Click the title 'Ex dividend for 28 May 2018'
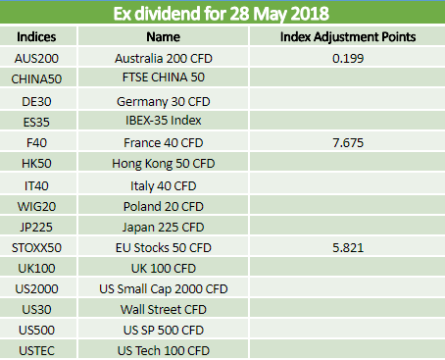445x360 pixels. pos(222,14)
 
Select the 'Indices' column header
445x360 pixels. pos(36,36)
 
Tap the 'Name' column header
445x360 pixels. pos(163,36)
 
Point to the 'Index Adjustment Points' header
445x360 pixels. pos(348,36)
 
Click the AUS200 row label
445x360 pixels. pos(36,59)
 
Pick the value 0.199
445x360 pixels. pos(348,59)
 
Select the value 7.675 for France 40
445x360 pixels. pos(348,143)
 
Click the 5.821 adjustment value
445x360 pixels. pos(348,248)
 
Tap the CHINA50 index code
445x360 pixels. pos(36,79)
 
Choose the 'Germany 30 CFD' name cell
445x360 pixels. pos(164,102)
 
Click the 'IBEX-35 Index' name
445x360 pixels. pos(164,121)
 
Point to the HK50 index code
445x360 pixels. pos(36,164)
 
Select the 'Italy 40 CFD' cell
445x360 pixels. pos(164,186)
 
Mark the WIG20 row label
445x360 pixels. pos(36,207)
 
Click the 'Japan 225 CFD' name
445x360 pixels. pos(164,228)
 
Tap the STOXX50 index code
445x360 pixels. pos(36,248)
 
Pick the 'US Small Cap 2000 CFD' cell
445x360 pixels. pos(164,289)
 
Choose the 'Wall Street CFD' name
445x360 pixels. pos(164,310)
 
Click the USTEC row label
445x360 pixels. pos(36,351)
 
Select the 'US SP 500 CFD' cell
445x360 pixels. pos(164,331)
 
